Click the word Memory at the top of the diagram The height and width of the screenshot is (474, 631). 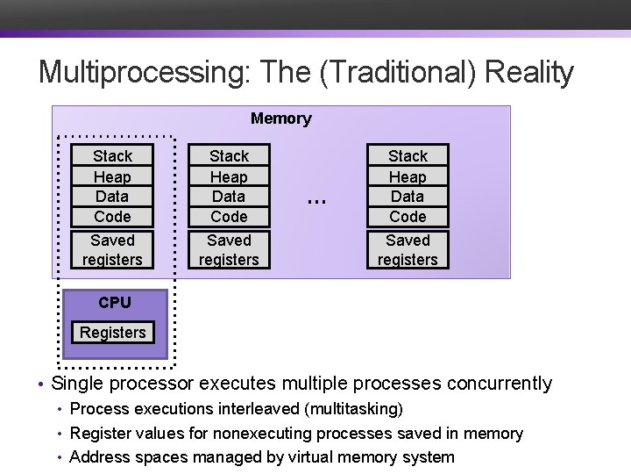280,118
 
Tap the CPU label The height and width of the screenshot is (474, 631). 115,303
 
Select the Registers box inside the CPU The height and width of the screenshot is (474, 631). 112,333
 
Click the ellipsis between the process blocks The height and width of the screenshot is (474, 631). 316,200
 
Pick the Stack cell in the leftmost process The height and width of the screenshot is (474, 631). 112,156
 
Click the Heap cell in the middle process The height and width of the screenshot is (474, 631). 229,176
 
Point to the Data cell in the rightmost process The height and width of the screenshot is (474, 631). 408,197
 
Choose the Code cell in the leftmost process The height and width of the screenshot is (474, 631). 112,217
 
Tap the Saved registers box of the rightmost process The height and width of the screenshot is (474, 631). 408,250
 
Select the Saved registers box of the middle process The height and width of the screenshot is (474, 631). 229,250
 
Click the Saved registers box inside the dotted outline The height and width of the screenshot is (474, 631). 112,250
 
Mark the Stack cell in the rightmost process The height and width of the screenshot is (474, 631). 408,156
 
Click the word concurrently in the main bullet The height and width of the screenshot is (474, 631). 500,384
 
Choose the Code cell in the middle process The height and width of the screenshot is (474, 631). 229,217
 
